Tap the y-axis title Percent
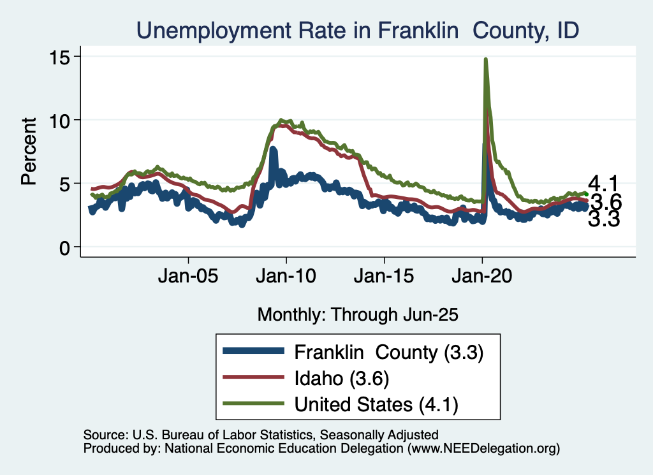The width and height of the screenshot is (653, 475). [x=29, y=151]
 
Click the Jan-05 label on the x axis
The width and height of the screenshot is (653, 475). [x=189, y=278]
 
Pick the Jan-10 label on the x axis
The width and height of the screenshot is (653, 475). [x=286, y=278]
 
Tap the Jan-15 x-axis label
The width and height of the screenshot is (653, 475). [x=385, y=278]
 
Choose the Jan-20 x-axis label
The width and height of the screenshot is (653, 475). [x=482, y=278]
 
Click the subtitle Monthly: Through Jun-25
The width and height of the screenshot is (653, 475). [x=358, y=314]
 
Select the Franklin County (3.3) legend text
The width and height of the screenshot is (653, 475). [x=388, y=351]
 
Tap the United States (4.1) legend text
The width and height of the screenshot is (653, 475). [x=376, y=404]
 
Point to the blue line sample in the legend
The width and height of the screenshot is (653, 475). [x=253, y=351]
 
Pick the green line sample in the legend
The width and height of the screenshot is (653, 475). [x=253, y=404]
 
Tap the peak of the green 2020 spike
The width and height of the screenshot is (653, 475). [x=486, y=59]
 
